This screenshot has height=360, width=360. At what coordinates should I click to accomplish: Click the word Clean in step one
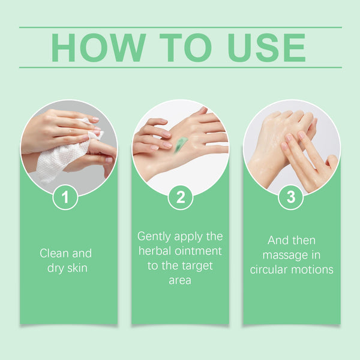54,253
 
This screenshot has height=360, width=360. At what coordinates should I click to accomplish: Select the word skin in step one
77,268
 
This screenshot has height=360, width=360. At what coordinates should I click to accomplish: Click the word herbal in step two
155,250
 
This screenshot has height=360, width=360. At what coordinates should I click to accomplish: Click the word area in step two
180,280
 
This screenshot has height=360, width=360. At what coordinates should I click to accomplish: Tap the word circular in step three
271,269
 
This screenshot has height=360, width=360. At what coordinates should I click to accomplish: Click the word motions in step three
314,269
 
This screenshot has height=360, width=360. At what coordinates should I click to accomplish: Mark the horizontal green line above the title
180,27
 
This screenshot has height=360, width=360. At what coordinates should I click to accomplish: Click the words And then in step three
292,240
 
